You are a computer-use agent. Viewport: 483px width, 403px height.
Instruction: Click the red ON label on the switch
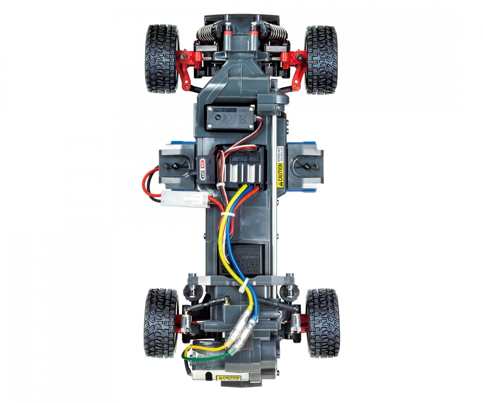pyautogui.click(x=203, y=162)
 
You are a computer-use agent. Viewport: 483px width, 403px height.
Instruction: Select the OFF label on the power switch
pyautogui.click(x=203, y=172)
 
